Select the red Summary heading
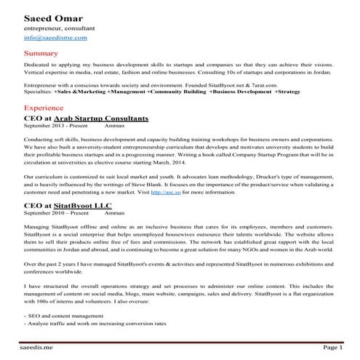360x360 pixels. pos(41,54)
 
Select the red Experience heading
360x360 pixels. pos(44,107)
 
